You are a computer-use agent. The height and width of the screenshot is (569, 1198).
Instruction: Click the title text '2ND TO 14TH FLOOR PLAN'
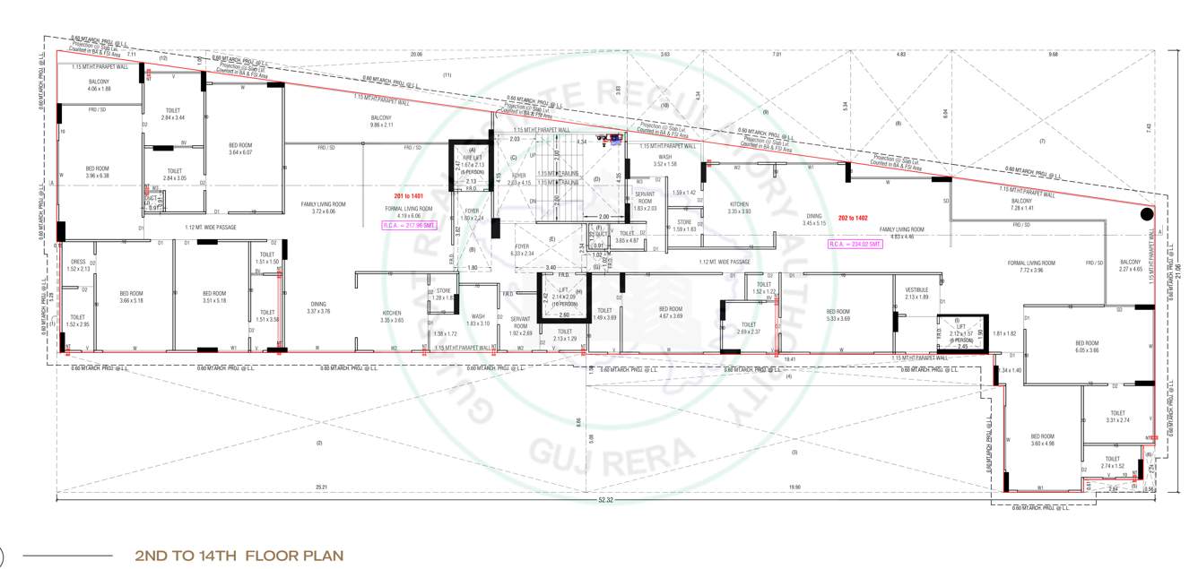click(239, 556)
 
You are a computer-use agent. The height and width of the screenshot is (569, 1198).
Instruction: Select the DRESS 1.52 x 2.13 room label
click(78, 265)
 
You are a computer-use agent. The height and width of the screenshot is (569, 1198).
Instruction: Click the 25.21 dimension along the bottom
click(320, 487)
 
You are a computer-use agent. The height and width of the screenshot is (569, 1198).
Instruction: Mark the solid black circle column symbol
click(1146, 214)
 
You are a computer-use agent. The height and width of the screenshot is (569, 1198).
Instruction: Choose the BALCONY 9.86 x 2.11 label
click(381, 121)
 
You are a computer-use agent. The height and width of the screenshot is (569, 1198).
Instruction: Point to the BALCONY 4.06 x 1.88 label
click(99, 85)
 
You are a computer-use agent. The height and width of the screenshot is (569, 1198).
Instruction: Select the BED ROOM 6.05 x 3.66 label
click(1088, 346)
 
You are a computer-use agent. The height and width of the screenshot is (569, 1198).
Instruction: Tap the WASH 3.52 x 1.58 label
click(664, 160)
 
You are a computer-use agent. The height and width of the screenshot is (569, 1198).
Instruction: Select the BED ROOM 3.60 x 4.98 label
click(1042, 439)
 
